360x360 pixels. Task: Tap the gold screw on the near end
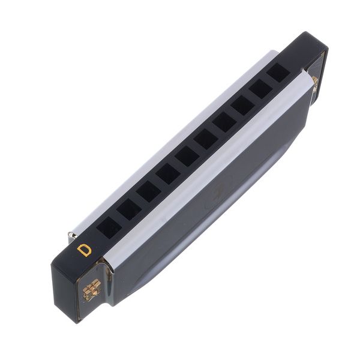coord(91,289)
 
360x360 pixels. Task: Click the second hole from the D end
coord(128,209)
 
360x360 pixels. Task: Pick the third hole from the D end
coord(148,192)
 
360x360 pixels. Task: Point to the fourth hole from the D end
coord(167,174)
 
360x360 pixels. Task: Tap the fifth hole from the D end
coord(187,157)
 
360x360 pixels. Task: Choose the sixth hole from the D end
coord(206,139)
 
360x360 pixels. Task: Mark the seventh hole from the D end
coord(226,122)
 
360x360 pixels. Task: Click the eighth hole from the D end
coord(244,105)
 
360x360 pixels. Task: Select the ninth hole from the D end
coord(261,89)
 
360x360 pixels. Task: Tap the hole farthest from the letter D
coord(277,73)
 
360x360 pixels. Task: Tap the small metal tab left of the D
coord(71,235)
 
